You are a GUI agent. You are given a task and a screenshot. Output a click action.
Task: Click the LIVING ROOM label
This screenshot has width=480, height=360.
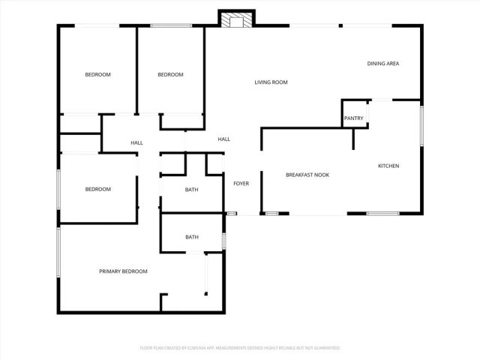coord(271,82)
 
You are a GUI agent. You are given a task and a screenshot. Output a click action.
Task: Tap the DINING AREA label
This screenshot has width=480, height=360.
coord(382,64)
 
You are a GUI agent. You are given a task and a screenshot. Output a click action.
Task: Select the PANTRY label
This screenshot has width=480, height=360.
coord(354,118)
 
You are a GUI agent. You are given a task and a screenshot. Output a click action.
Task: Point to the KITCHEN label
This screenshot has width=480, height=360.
coord(388,166)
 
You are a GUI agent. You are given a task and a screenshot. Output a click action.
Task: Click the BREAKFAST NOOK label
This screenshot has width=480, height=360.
coord(307,175)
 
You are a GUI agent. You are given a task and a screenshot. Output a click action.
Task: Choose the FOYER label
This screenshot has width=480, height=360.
coord(241,184)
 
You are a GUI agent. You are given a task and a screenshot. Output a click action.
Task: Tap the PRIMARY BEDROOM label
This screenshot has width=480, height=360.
coord(123,271)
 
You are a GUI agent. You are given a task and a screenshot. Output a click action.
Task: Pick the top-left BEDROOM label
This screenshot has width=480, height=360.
coord(97,74)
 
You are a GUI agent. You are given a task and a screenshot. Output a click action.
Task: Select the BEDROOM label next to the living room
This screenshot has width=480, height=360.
coord(170,74)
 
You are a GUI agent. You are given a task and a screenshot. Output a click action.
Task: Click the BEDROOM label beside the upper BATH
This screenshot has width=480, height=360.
coord(97,189)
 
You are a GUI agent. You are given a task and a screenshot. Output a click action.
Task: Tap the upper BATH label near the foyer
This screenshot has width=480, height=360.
coord(191,189)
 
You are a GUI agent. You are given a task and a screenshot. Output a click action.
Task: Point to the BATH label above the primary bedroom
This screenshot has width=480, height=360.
coord(192,238)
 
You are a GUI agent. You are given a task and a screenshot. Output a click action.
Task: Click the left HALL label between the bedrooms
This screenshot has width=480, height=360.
coord(136,142)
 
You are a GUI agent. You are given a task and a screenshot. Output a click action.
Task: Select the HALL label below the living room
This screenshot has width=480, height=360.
coord(223,139)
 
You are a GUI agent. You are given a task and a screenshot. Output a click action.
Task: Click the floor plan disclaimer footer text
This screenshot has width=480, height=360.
coord(240,348)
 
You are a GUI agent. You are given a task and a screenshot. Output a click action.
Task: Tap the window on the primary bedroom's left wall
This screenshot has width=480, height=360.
coord(58,253)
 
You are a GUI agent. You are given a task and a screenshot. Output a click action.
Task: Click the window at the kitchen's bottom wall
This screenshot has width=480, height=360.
coord(382,214)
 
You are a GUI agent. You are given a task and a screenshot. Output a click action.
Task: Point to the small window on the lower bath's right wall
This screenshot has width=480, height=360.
coord(223,240)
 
